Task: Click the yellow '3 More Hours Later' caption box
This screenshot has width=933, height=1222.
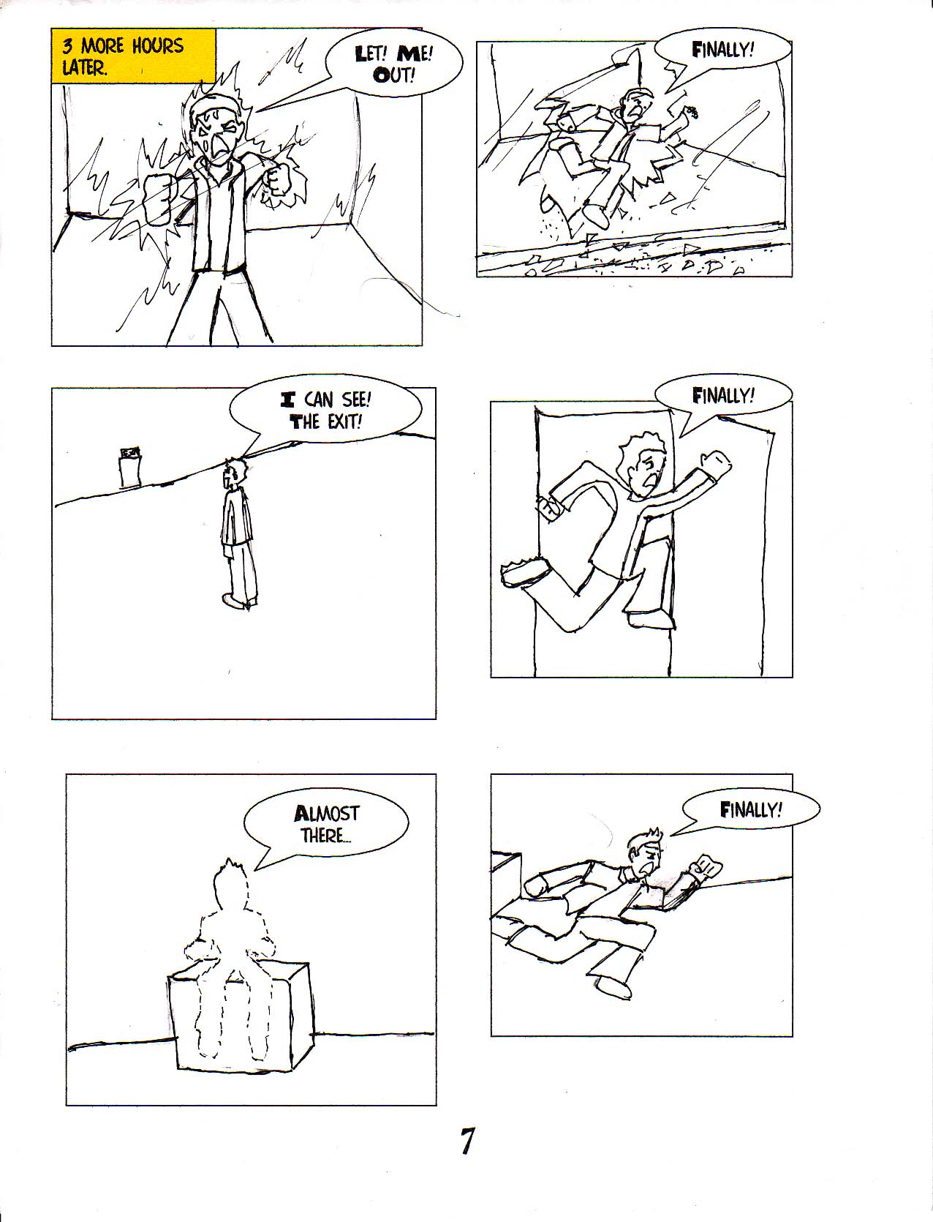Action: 134,56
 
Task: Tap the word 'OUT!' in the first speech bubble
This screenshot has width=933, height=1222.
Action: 394,75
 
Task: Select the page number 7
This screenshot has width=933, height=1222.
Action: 467,1141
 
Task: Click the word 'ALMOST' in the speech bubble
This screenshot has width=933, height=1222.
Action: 327,814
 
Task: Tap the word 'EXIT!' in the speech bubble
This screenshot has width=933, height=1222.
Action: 345,422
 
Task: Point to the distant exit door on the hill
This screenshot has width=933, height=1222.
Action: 129,467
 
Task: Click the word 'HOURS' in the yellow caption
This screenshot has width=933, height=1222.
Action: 157,45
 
